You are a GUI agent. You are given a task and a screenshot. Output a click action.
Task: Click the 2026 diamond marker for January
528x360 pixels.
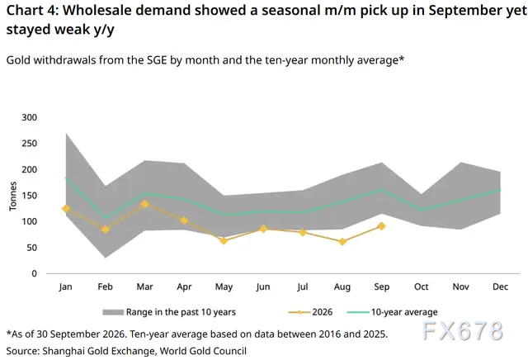tap(66, 209)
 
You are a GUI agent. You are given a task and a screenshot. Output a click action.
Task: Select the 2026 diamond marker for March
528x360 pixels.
tap(145, 204)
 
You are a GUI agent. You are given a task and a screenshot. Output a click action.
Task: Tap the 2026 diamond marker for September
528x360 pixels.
tap(381, 226)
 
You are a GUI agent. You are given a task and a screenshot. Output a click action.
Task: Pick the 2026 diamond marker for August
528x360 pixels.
tap(342, 242)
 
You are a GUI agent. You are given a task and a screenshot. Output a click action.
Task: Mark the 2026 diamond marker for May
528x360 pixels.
tap(224, 240)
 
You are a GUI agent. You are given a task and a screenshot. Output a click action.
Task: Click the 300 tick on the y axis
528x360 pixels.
tap(30, 117)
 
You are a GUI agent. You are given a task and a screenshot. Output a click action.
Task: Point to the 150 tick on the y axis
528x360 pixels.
tap(30, 196)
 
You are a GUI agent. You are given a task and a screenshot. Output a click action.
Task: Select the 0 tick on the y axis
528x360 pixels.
tap(34, 273)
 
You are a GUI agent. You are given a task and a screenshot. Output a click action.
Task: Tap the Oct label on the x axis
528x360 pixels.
tap(422, 287)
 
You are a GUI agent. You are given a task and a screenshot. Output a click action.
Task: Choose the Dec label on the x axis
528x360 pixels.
tap(501, 287)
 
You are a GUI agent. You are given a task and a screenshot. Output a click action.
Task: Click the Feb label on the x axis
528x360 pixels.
tap(105, 287)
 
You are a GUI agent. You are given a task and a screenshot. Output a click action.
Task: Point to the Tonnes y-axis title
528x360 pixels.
tap(13, 197)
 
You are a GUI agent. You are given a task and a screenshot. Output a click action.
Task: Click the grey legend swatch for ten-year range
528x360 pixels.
tap(113, 312)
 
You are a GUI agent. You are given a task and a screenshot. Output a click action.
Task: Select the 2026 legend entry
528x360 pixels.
tap(310, 312)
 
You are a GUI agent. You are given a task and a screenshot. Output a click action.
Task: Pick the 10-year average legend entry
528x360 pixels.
tap(393, 312)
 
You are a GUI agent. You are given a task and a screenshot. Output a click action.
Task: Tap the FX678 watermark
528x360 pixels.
tap(463, 330)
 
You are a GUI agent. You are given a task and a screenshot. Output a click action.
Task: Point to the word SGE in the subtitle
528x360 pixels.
tap(157, 60)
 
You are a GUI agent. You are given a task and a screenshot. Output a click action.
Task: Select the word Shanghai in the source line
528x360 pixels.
tap(64, 351)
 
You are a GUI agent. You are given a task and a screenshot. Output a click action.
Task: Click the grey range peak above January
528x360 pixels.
tap(66, 134)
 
